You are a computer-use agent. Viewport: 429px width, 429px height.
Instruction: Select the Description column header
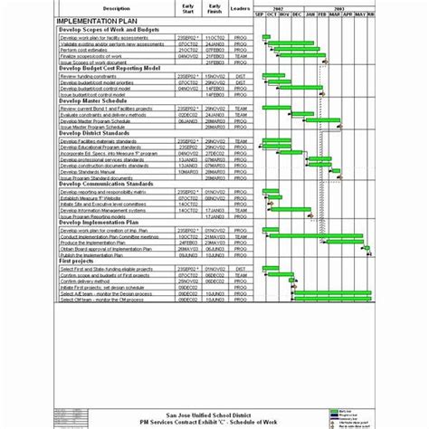tap(110, 8)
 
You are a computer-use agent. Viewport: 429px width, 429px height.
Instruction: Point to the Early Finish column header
tap(214, 8)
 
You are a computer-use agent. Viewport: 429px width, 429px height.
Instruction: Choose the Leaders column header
tap(240, 8)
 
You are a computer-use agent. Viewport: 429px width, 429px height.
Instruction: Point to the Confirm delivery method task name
tap(87, 281)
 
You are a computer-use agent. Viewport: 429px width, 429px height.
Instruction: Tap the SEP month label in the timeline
tap(259, 15)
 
